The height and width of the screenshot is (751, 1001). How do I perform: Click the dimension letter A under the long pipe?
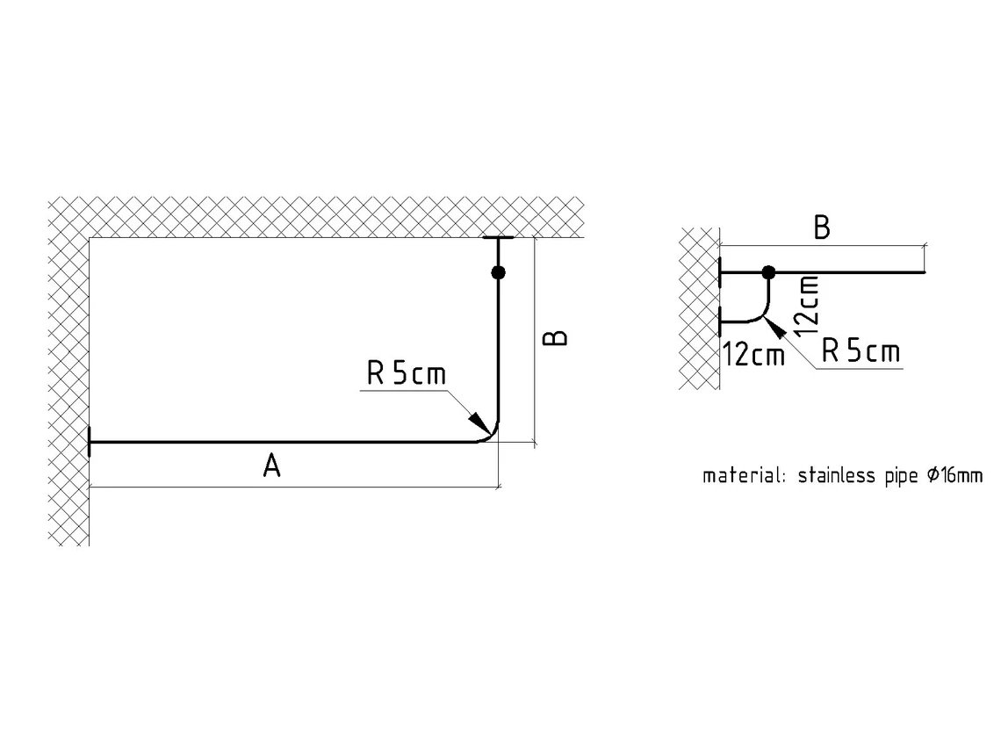coord(272,466)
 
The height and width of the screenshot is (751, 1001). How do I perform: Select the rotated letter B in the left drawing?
coord(555,338)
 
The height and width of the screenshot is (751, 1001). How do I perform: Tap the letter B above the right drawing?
coord(821,228)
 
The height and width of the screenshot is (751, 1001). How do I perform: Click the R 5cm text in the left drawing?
coord(407,374)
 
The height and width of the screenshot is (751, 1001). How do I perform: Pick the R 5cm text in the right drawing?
coord(861,352)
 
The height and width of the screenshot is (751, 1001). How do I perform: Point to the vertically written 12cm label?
coord(807,306)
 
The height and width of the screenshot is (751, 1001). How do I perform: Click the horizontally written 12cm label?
coord(753,356)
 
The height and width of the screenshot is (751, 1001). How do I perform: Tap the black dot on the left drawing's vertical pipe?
coord(498,272)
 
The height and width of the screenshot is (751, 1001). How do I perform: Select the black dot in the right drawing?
coord(768,272)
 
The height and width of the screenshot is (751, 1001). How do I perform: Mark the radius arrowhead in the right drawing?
coord(772,329)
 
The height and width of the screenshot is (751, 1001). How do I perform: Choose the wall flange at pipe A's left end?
coord(89,442)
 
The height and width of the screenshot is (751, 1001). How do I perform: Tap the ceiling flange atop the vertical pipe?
coord(498,238)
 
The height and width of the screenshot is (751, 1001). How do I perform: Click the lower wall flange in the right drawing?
coord(720,322)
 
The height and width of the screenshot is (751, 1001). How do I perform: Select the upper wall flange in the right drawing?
coord(720,273)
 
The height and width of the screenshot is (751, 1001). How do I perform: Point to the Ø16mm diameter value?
coord(954,476)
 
